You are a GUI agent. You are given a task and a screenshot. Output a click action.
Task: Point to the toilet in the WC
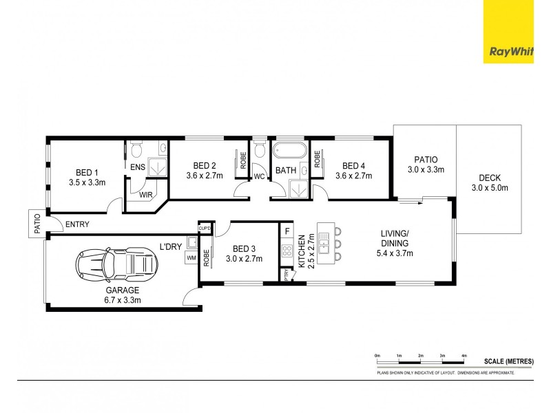tap(259, 149)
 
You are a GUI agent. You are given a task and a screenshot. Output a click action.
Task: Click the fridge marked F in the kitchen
tap(287, 231)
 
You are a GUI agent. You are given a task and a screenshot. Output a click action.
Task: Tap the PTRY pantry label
tap(287, 274)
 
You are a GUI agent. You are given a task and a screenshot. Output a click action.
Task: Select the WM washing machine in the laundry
tap(190, 258)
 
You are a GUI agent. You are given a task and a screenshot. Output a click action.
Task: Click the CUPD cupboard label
tap(205, 228)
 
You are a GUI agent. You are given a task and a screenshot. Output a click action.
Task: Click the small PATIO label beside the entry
tap(36, 223)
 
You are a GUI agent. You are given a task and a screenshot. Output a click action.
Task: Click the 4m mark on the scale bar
tap(464, 355)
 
